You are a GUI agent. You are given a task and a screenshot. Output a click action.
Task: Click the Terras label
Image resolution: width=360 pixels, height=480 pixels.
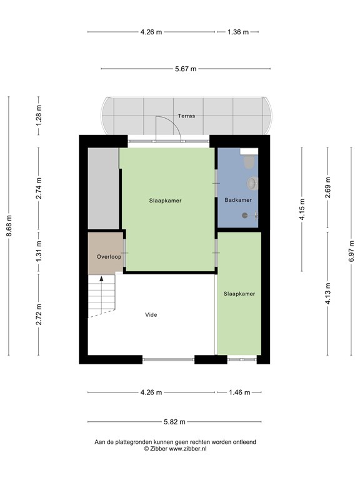(186, 116)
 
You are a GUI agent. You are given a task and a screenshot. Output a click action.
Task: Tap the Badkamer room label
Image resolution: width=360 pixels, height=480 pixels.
(238, 200)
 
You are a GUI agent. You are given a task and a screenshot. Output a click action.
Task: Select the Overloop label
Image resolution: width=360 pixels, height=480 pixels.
(109, 256)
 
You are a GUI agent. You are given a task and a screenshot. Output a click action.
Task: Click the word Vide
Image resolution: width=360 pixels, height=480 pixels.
(151, 315)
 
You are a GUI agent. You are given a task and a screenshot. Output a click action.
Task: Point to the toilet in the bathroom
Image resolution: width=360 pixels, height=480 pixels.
(249, 162)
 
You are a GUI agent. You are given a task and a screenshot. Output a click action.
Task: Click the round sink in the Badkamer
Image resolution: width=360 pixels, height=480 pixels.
(252, 183)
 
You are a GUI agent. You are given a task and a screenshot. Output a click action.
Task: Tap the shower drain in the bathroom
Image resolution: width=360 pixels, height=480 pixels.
(244, 215)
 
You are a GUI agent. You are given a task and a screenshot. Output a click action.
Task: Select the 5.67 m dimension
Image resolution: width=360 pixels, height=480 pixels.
(186, 69)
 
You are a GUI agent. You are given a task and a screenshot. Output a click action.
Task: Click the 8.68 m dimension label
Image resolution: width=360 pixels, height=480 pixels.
(9, 226)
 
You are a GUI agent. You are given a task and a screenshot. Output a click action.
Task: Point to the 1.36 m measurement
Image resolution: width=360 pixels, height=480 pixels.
(238, 32)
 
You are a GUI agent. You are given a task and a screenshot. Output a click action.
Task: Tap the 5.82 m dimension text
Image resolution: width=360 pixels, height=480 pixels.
(174, 422)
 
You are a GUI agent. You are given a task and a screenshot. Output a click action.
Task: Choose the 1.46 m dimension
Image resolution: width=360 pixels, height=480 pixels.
(240, 392)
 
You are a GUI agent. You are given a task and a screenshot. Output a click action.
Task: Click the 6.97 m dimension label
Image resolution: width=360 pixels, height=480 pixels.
(351, 251)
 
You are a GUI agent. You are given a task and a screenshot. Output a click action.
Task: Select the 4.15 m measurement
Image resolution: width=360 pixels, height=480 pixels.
(302, 209)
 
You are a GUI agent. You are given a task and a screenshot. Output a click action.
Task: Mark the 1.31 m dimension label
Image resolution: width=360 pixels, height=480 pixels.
(39, 252)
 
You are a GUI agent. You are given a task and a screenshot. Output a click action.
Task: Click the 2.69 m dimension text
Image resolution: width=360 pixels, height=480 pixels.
(327, 187)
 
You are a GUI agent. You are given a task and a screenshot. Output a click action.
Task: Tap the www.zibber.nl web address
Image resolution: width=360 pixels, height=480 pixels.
(187, 449)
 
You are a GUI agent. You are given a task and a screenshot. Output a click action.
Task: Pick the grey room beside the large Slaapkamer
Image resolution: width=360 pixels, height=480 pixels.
(104, 188)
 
